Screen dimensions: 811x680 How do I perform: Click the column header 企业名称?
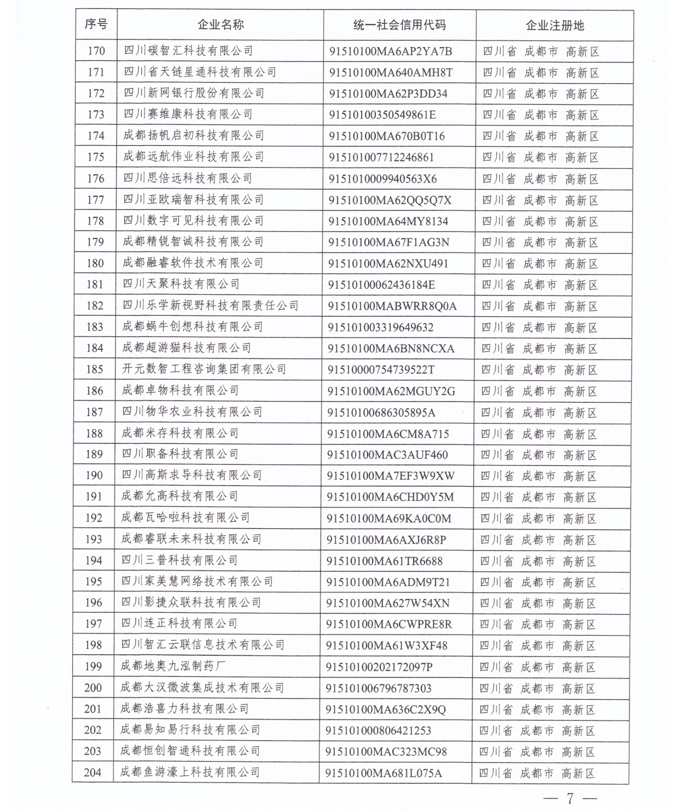click(220, 25)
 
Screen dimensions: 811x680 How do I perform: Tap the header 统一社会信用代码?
click(399, 25)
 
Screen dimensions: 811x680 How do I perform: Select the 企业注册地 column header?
click(555, 25)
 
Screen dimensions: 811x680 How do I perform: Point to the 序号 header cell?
click(96, 24)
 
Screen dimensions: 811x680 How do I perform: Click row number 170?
click(96, 51)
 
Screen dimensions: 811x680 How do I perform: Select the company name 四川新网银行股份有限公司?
click(194, 93)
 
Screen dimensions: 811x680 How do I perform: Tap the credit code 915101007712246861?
click(381, 157)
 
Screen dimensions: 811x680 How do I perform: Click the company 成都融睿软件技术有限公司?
click(193, 263)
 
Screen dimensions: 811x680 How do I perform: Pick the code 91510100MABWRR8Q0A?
click(392, 306)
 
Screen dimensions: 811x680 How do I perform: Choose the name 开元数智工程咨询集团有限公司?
click(204, 369)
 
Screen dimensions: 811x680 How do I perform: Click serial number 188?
click(94, 433)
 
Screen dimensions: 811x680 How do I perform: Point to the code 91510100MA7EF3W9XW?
click(391, 476)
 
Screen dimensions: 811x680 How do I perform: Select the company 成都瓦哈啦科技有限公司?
click(185, 518)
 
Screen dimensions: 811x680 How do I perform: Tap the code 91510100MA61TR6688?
click(385, 561)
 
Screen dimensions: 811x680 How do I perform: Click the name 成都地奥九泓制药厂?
click(174, 666)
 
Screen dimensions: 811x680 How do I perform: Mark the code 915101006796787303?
click(379, 688)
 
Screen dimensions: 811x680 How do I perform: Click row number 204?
click(93, 773)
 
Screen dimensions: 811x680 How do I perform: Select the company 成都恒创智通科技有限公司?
click(190, 751)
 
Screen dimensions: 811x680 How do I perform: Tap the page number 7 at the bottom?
click(570, 798)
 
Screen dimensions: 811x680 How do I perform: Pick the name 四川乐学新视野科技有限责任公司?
click(210, 306)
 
